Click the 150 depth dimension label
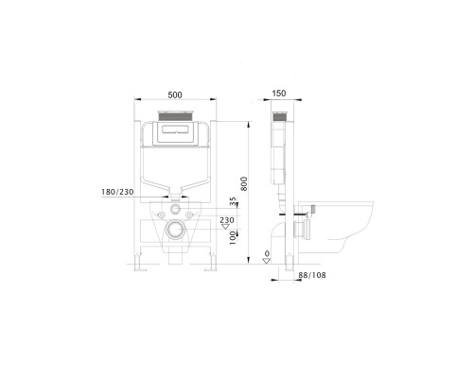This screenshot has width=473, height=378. (278, 94)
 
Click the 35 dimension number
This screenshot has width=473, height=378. (231, 201)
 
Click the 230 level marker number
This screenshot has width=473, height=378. (227, 219)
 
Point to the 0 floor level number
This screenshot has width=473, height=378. (267, 253)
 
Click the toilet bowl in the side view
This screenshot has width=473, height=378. (341, 232)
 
